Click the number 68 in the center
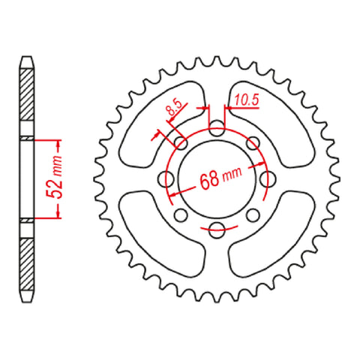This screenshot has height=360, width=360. pos(210,181)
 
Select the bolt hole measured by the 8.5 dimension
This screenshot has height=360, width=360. pos(179,142)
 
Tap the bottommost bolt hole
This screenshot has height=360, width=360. pos(216,229)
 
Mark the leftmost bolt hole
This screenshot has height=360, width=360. pos(166,179)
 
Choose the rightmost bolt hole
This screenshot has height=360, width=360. pos(265,179)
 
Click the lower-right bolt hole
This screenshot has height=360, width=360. pos(253,216)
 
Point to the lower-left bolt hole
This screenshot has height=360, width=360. pos(179,216)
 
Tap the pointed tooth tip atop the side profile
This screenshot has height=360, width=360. pos(26,57)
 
